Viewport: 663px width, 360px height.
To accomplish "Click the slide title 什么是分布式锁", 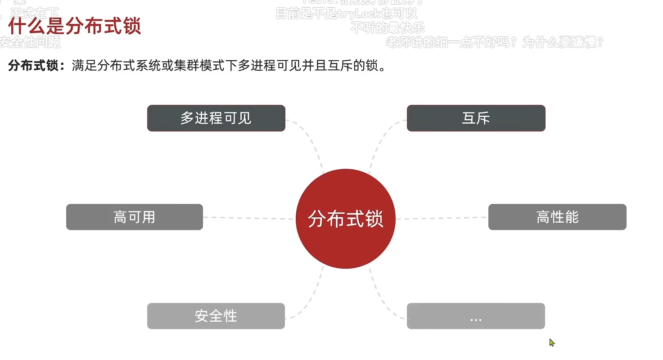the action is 75,26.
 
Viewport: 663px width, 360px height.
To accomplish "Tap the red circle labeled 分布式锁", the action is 345,219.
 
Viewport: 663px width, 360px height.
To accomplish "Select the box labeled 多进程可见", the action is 216,118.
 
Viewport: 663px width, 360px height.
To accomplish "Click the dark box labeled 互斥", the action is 476,118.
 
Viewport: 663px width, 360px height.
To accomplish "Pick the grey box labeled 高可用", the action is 134,217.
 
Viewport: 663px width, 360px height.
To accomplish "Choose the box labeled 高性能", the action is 557,217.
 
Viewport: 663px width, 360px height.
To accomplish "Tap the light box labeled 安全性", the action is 216,316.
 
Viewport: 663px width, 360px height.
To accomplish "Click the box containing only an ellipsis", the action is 476,316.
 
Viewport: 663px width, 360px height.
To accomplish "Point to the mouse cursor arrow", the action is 551,342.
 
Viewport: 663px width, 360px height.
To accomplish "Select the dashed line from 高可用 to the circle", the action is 248,218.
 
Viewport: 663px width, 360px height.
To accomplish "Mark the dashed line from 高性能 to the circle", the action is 442,218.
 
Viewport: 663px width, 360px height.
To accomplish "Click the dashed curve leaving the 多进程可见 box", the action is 313,144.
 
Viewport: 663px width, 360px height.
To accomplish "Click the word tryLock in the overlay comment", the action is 360,14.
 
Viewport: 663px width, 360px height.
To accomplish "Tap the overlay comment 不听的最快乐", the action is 388,28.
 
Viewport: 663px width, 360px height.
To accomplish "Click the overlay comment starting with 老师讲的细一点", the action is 494,42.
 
